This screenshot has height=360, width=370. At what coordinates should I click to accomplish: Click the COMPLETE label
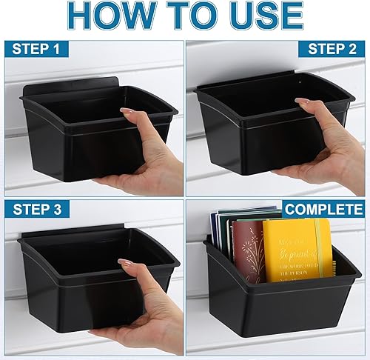click(323, 210)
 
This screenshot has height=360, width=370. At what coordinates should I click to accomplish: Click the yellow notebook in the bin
click(296, 249)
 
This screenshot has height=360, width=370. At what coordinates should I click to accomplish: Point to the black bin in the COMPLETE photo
click(274, 304)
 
